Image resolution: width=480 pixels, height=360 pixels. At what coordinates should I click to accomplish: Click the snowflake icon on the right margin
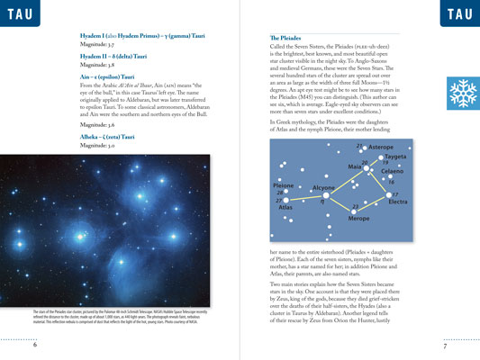463,92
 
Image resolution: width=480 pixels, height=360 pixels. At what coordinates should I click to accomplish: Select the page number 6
34,346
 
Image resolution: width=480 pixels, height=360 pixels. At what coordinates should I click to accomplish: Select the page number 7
445,346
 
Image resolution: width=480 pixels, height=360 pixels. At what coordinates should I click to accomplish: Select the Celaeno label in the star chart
392,170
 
